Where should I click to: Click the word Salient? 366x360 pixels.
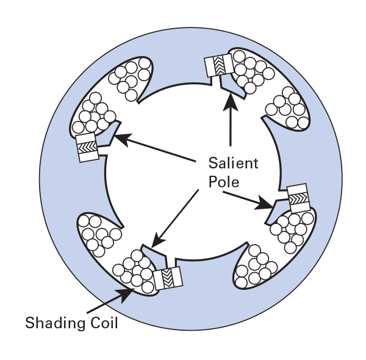pyautogui.click(x=233, y=164)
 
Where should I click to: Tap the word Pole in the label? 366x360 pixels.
pyautogui.click(x=223, y=182)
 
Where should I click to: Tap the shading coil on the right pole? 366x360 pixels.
pyautogui.click(x=298, y=196)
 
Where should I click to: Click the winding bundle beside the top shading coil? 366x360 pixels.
pyautogui.click(x=248, y=70)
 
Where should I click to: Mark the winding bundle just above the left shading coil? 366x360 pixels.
pyautogui.click(x=93, y=114)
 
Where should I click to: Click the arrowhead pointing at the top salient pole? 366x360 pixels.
pyautogui.click(x=230, y=101)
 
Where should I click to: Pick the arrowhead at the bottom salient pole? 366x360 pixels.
pyautogui.click(x=155, y=242)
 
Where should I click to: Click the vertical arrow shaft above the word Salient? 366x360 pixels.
pyautogui.click(x=230, y=128)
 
